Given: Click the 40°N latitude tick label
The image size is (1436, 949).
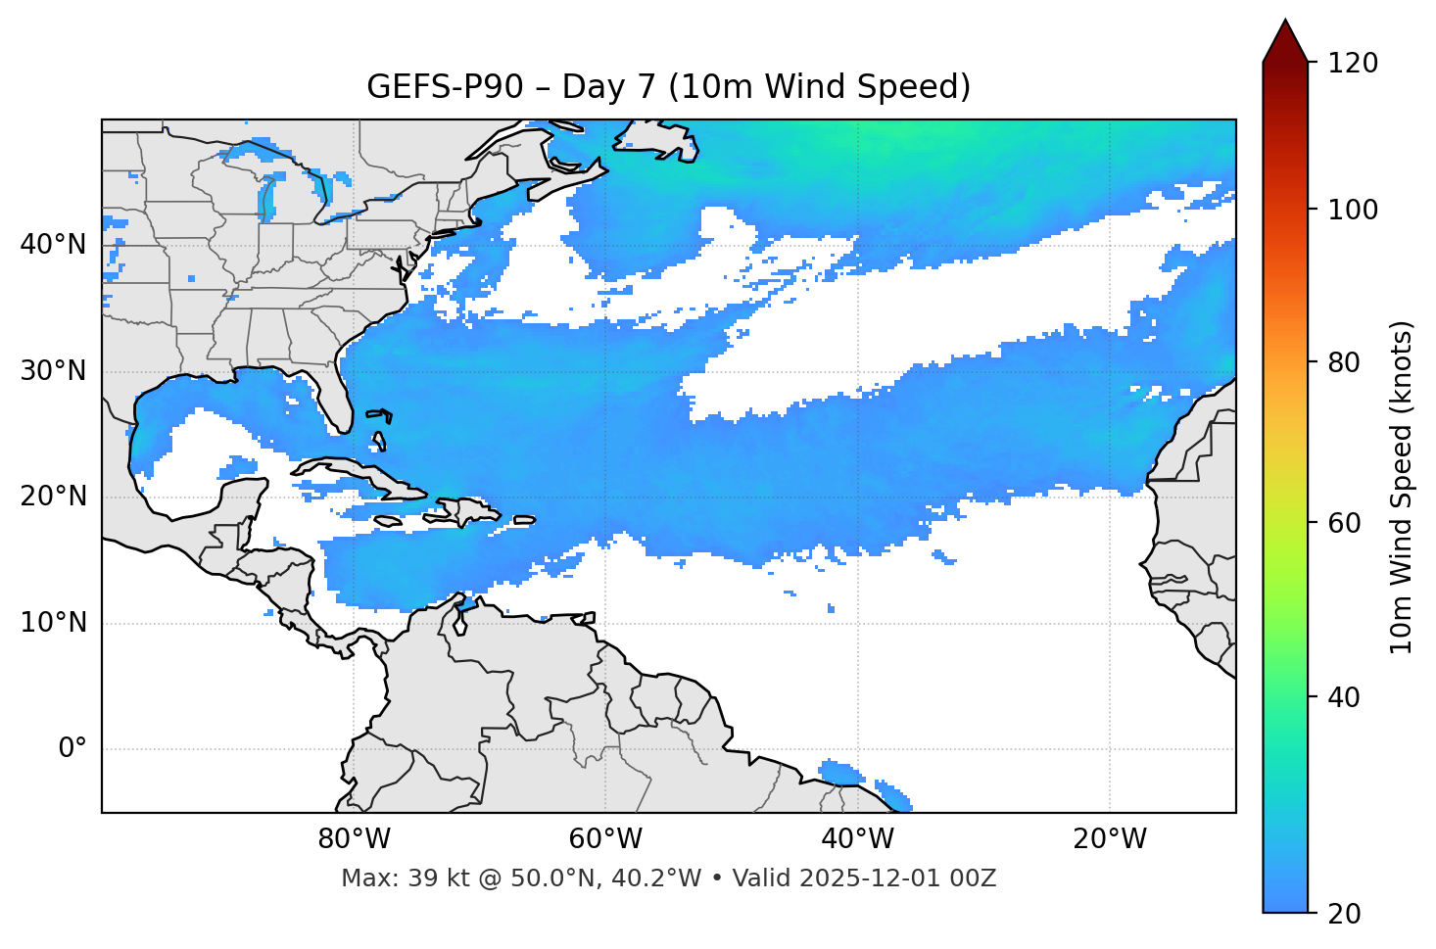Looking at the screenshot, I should pos(53,245).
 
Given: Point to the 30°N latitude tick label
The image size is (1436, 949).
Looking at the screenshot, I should pos(53,371).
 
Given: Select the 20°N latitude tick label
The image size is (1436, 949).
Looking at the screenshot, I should pos(53,497).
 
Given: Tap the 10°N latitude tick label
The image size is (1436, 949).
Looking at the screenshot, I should pos(53,623).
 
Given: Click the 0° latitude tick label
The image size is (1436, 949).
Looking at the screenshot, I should pos(72,749).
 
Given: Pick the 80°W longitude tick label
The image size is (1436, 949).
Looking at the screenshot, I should pos(354,839).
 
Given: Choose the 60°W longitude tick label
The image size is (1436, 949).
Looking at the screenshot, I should pos(605,839).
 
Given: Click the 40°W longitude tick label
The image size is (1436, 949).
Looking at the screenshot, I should pos(857,839).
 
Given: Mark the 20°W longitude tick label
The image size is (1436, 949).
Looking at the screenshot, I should pos(1109,839).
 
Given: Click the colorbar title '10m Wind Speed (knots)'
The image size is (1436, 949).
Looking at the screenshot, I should pos(1402,487).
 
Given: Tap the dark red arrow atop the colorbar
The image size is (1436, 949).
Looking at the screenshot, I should pos(1285,41).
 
